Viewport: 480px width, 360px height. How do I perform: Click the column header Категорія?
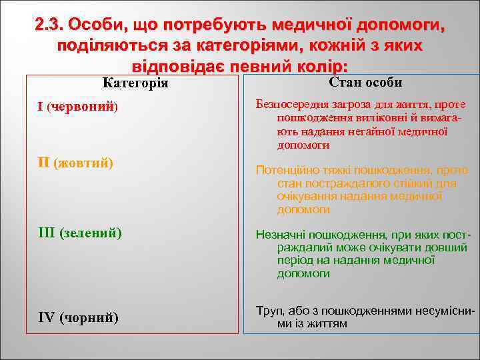[x=136, y=83]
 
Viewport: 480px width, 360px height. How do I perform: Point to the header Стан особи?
[x=365, y=82]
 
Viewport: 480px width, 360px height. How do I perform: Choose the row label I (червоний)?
[x=77, y=107]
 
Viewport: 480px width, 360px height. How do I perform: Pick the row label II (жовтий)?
[x=75, y=163]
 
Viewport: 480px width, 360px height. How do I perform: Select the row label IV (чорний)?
[x=79, y=317]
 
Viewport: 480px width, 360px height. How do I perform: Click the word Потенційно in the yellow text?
[x=285, y=171]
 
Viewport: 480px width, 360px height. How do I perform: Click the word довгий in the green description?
[x=447, y=248]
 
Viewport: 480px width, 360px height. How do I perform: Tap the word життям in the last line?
[x=327, y=324]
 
